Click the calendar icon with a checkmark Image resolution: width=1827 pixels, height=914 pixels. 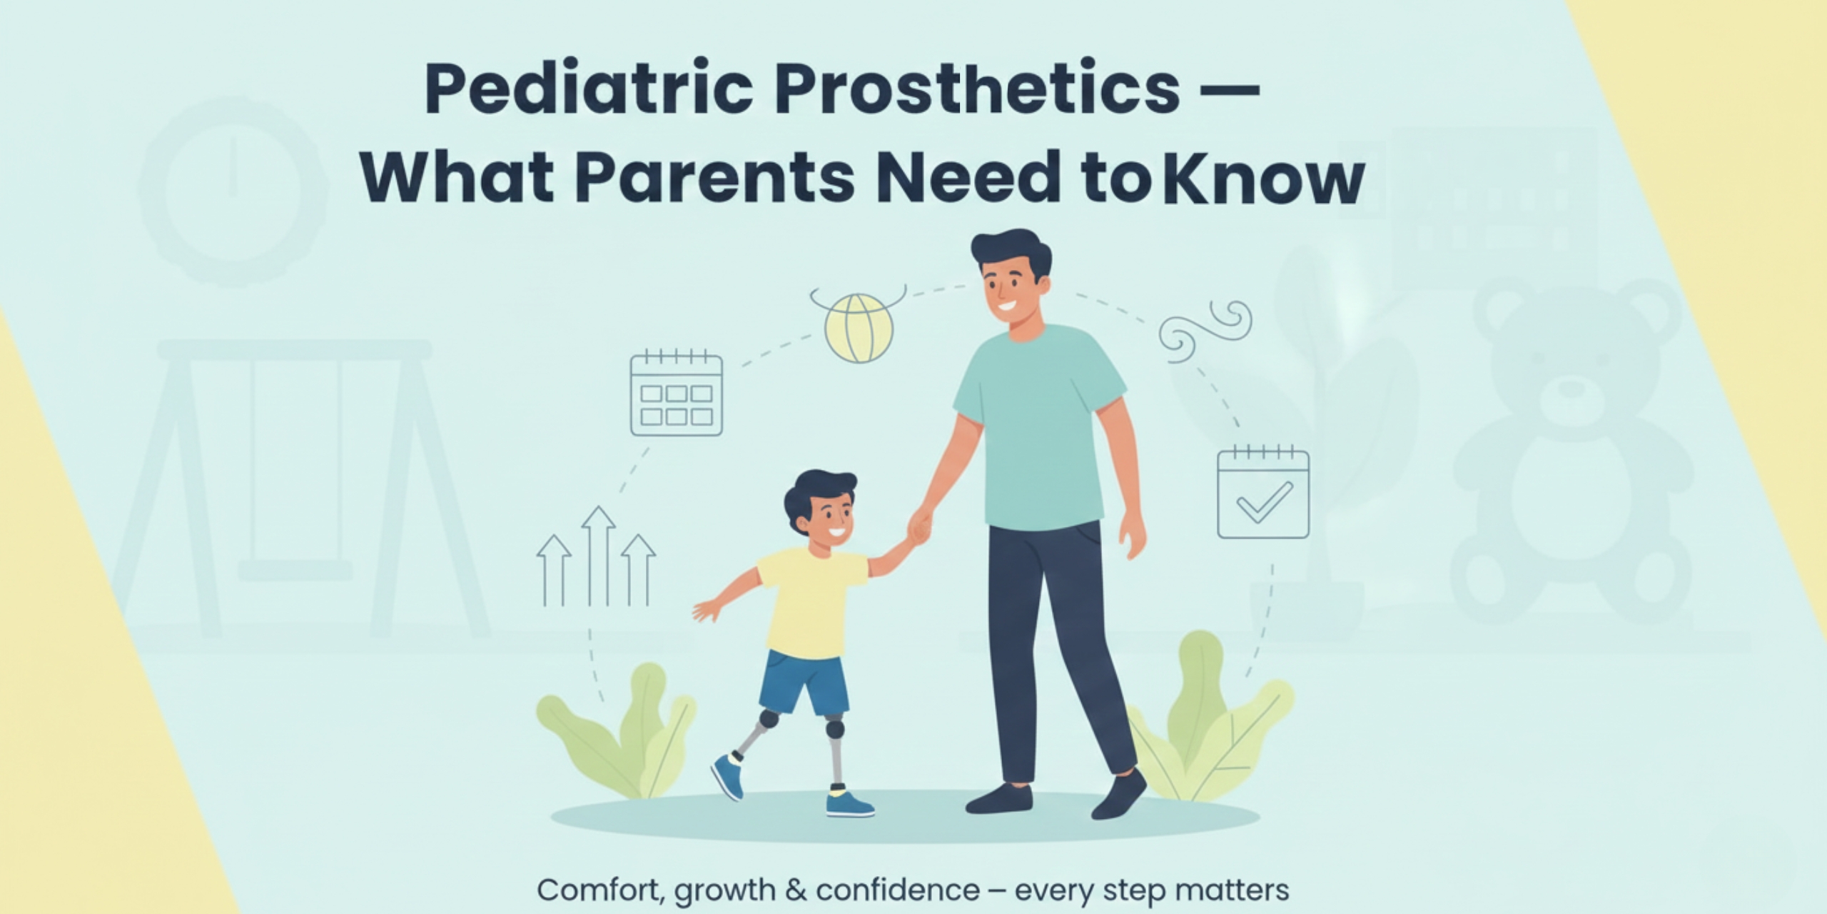1262,493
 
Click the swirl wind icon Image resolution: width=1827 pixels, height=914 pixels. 1206,328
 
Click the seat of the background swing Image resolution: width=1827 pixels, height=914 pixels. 294,569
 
